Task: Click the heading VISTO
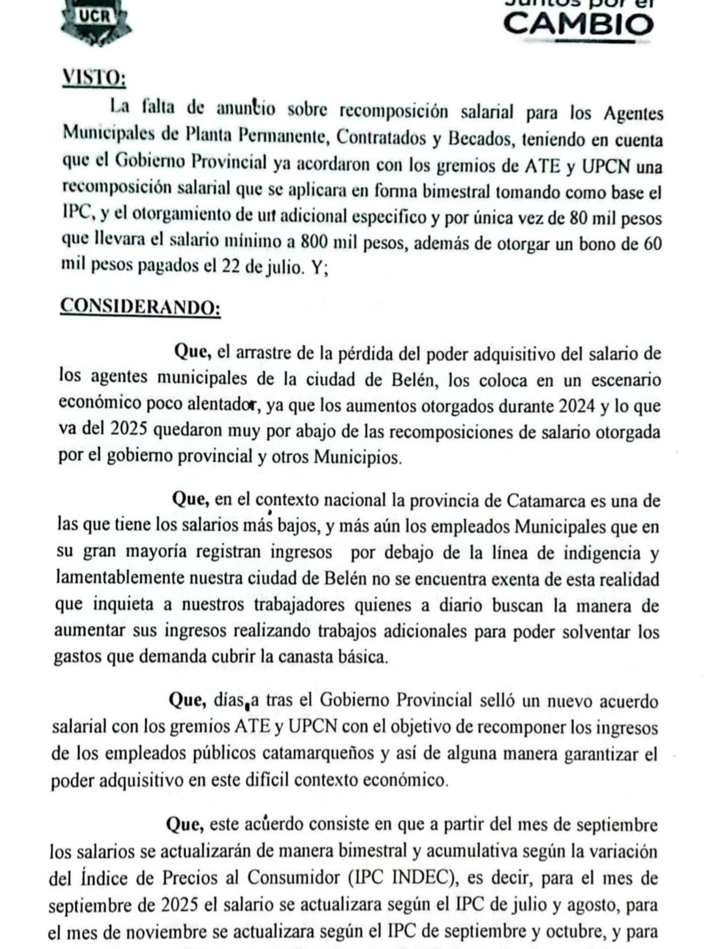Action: point(93,79)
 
